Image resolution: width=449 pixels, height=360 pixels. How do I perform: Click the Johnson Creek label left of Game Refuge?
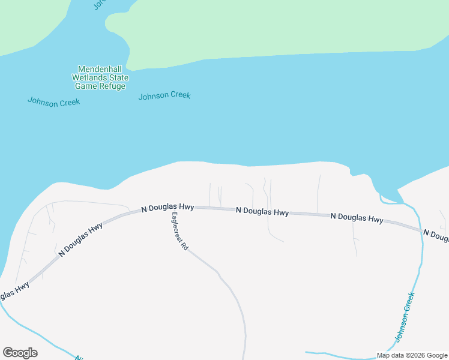53,101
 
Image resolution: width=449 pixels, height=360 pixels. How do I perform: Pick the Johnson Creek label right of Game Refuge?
164,95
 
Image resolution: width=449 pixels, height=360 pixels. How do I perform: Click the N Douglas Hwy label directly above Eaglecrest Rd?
167,207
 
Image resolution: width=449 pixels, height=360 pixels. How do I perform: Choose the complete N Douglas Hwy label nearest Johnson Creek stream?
357,219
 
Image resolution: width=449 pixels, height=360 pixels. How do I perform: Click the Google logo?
20,353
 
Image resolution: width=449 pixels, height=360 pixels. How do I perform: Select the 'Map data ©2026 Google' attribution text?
412,355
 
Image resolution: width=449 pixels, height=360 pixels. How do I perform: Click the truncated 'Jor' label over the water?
100,4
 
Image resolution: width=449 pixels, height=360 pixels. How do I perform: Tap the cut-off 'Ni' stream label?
78,358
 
